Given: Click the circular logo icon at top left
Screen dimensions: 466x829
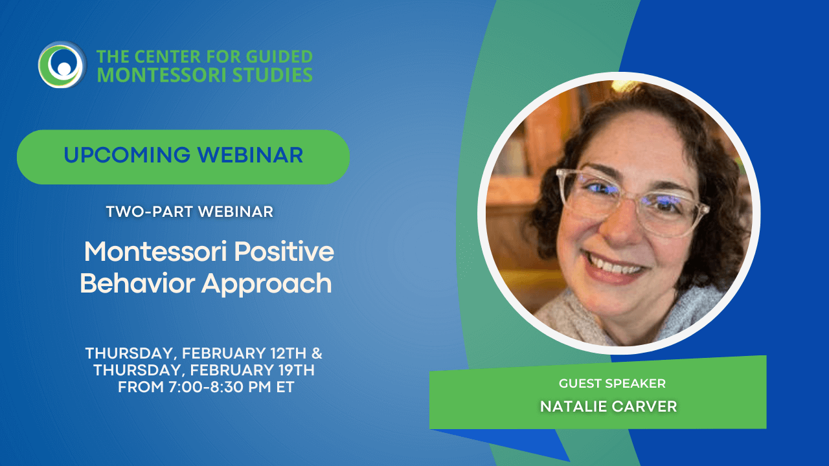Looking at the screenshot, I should click(x=62, y=65).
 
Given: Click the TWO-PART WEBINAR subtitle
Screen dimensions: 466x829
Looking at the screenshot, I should click(x=189, y=212).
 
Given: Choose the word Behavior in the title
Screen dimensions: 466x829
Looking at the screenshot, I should click(x=137, y=283).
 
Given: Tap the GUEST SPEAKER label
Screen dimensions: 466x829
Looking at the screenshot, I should click(x=612, y=384).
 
